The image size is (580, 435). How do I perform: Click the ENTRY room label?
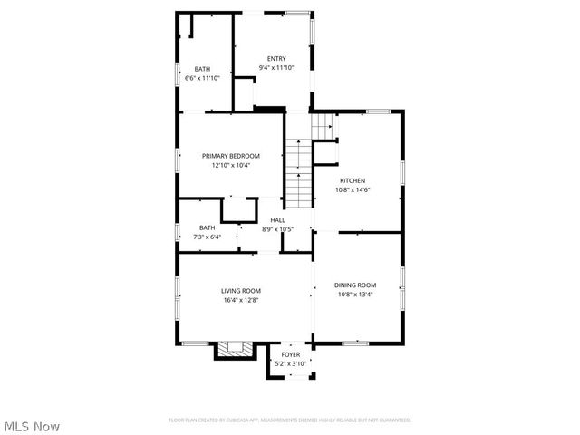[x=275, y=59]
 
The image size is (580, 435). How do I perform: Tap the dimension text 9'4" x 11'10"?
[x=275, y=68]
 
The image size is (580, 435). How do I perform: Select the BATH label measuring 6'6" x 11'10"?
[x=202, y=69]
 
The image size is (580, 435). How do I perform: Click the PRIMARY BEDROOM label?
[x=230, y=156]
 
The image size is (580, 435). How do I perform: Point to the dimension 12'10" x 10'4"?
[x=230, y=165]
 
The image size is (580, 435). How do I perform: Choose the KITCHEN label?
[x=353, y=180]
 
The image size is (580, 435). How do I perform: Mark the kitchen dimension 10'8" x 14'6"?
[x=353, y=190]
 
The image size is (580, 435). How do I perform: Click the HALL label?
[x=276, y=219]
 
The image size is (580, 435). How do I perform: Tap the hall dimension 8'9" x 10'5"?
[x=276, y=228]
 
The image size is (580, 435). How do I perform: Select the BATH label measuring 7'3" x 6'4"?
[x=208, y=227]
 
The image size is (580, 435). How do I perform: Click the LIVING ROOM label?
[x=241, y=290]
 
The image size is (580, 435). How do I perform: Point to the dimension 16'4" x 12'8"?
[x=241, y=299]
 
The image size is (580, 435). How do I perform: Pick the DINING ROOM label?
[x=355, y=285]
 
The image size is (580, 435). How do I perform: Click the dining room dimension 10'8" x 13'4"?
[x=355, y=294]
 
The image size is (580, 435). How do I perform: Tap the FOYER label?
[x=291, y=354]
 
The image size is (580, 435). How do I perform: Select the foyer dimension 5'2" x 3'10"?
[x=291, y=363]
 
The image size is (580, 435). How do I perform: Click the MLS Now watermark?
[x=31, y=425]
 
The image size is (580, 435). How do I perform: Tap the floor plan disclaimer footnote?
[x=289, y=420]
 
